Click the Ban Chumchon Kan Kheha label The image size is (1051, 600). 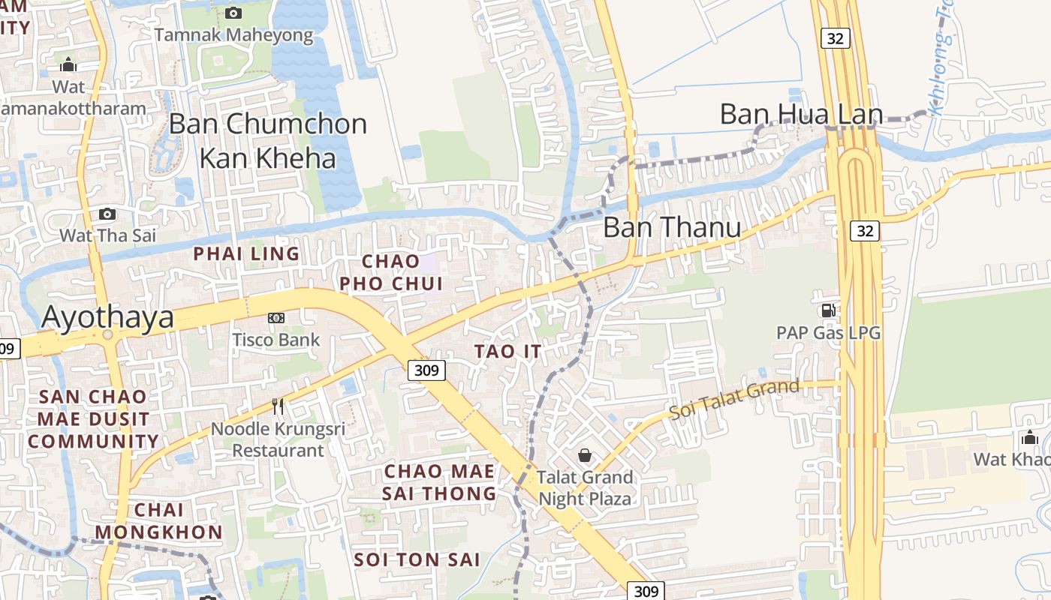(x=268, y=141)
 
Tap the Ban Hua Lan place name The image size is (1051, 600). (x=800, y=115)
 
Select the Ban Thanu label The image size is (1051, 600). (x=672, y=227)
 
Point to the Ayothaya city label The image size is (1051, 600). (x=107, y=317)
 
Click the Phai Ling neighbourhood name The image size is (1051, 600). (x=246, y=254)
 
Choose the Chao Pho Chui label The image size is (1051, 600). (x=391, y=272)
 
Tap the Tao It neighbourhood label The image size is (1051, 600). (x=507, y=351)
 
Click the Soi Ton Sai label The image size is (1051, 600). (x=417, y=559)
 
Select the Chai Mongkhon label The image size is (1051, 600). (x=158, y=521)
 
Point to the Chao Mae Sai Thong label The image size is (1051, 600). (x=439, y=482)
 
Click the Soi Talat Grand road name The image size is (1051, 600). (x=734, y=400)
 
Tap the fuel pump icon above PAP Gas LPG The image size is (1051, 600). (x=828, y=310)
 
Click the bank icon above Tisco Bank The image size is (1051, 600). (x=276, y=318)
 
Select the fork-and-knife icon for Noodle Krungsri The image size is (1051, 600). (x=278, y=406)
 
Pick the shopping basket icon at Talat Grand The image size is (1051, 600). (x=585, y=455)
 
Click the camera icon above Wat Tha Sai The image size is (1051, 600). (x=107, y=214)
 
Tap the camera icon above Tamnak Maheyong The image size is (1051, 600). (x=233, y=13)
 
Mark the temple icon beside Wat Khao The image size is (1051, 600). (x=1029, y=437)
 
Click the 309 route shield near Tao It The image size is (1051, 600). (x=427, y=370)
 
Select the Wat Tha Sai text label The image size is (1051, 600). (x=107, y=235)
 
